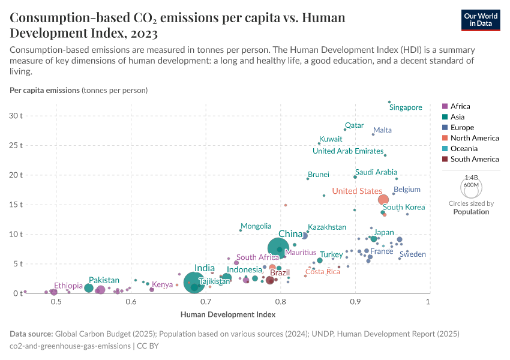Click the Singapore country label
[x=406, y=107]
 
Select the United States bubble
[x=383, y=200]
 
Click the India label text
[x=205, y=268]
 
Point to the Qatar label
[x=354, y=125]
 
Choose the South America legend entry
[x=474, y=159]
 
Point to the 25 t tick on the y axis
[x=16, y=145]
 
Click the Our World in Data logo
[x=481, y=19]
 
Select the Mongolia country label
[x=256, y=226]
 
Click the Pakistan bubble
[x=89, y=288]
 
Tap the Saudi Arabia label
[x=376, y=172]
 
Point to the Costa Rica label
[x=323, y=272]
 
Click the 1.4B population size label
[x=471, y=178]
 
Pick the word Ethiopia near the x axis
[x=68, y=286]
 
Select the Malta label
[x=382, y=130]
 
